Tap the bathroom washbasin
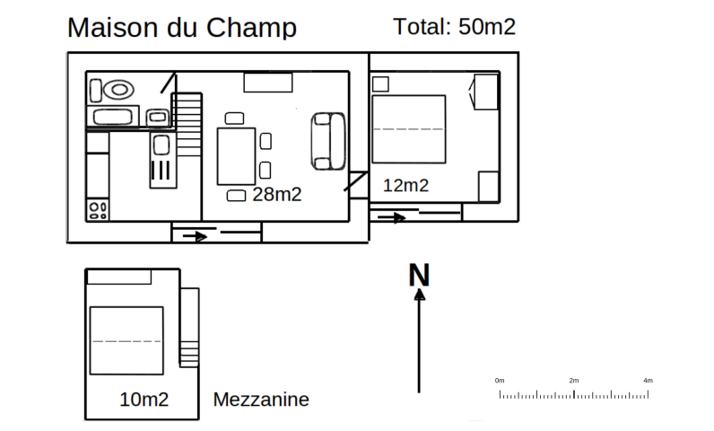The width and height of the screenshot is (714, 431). click(x=158, y=117)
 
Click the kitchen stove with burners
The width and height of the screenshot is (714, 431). click(x=98, y=210)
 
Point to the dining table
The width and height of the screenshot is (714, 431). click(x=236, y=156)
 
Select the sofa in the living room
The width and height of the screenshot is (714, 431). click(x=328, y=141)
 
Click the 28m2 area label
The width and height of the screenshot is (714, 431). click(x=277, y=195)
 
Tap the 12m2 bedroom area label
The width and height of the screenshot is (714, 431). click(x=405, y=186)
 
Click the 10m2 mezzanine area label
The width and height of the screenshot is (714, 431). click(x=144, y=400)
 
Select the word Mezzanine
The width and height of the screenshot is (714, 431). click(x=261, y=400)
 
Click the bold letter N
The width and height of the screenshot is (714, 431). click(x=419, y=275)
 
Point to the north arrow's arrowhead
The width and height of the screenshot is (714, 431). click(x=420, y=295)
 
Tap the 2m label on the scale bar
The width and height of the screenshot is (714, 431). click(x=574, y=381)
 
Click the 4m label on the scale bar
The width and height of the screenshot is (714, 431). click(x=648, y=381)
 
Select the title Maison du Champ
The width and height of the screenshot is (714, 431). click(x=182, y=27)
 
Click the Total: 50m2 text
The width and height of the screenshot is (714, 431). click(x=454, y=26)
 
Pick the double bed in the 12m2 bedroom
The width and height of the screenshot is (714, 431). click(x=408, y=129)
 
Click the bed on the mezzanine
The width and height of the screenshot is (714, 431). click(x=126, y=341)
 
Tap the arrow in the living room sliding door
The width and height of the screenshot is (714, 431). click(x=195, y=236)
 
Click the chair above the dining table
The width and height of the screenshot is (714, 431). click(x=234, y=119)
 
